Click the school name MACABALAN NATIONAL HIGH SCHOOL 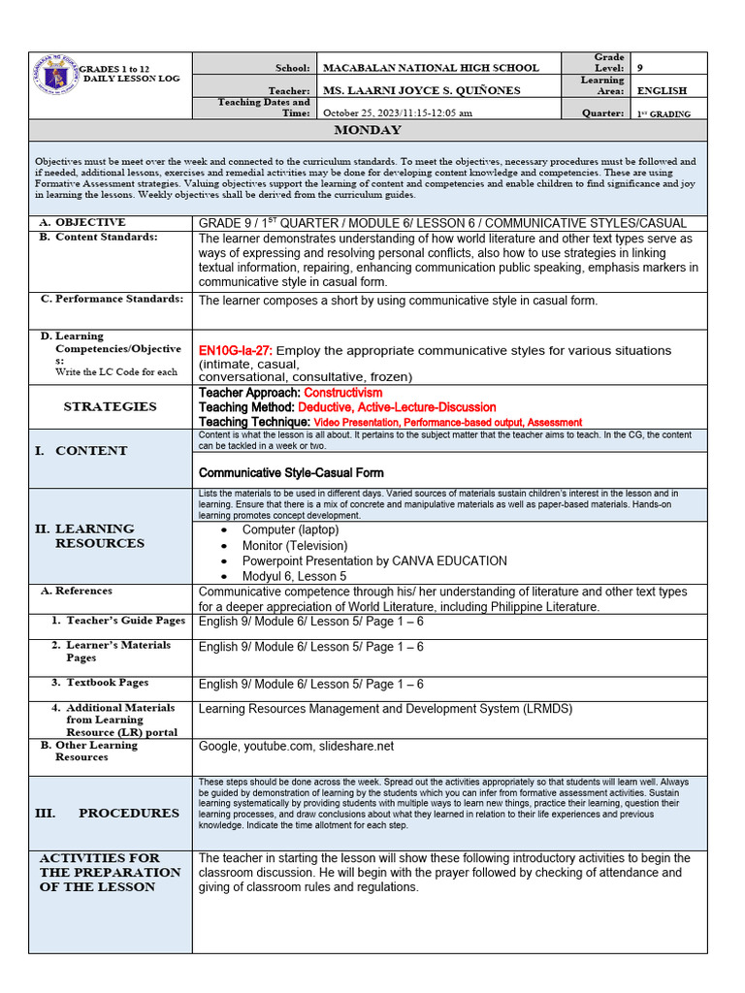[430, 68]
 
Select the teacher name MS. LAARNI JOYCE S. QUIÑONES [421, 90]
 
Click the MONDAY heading [368, 130]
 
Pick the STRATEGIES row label [110, 406]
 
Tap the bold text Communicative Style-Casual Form [291, 473]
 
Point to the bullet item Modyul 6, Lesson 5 [294, 576]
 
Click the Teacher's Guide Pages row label [125, 621]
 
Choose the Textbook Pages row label [107, 683]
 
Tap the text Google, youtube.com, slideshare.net [296, 746]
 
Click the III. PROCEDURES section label [108, 813]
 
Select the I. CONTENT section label [81, 450]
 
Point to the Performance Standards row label [112, 299]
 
